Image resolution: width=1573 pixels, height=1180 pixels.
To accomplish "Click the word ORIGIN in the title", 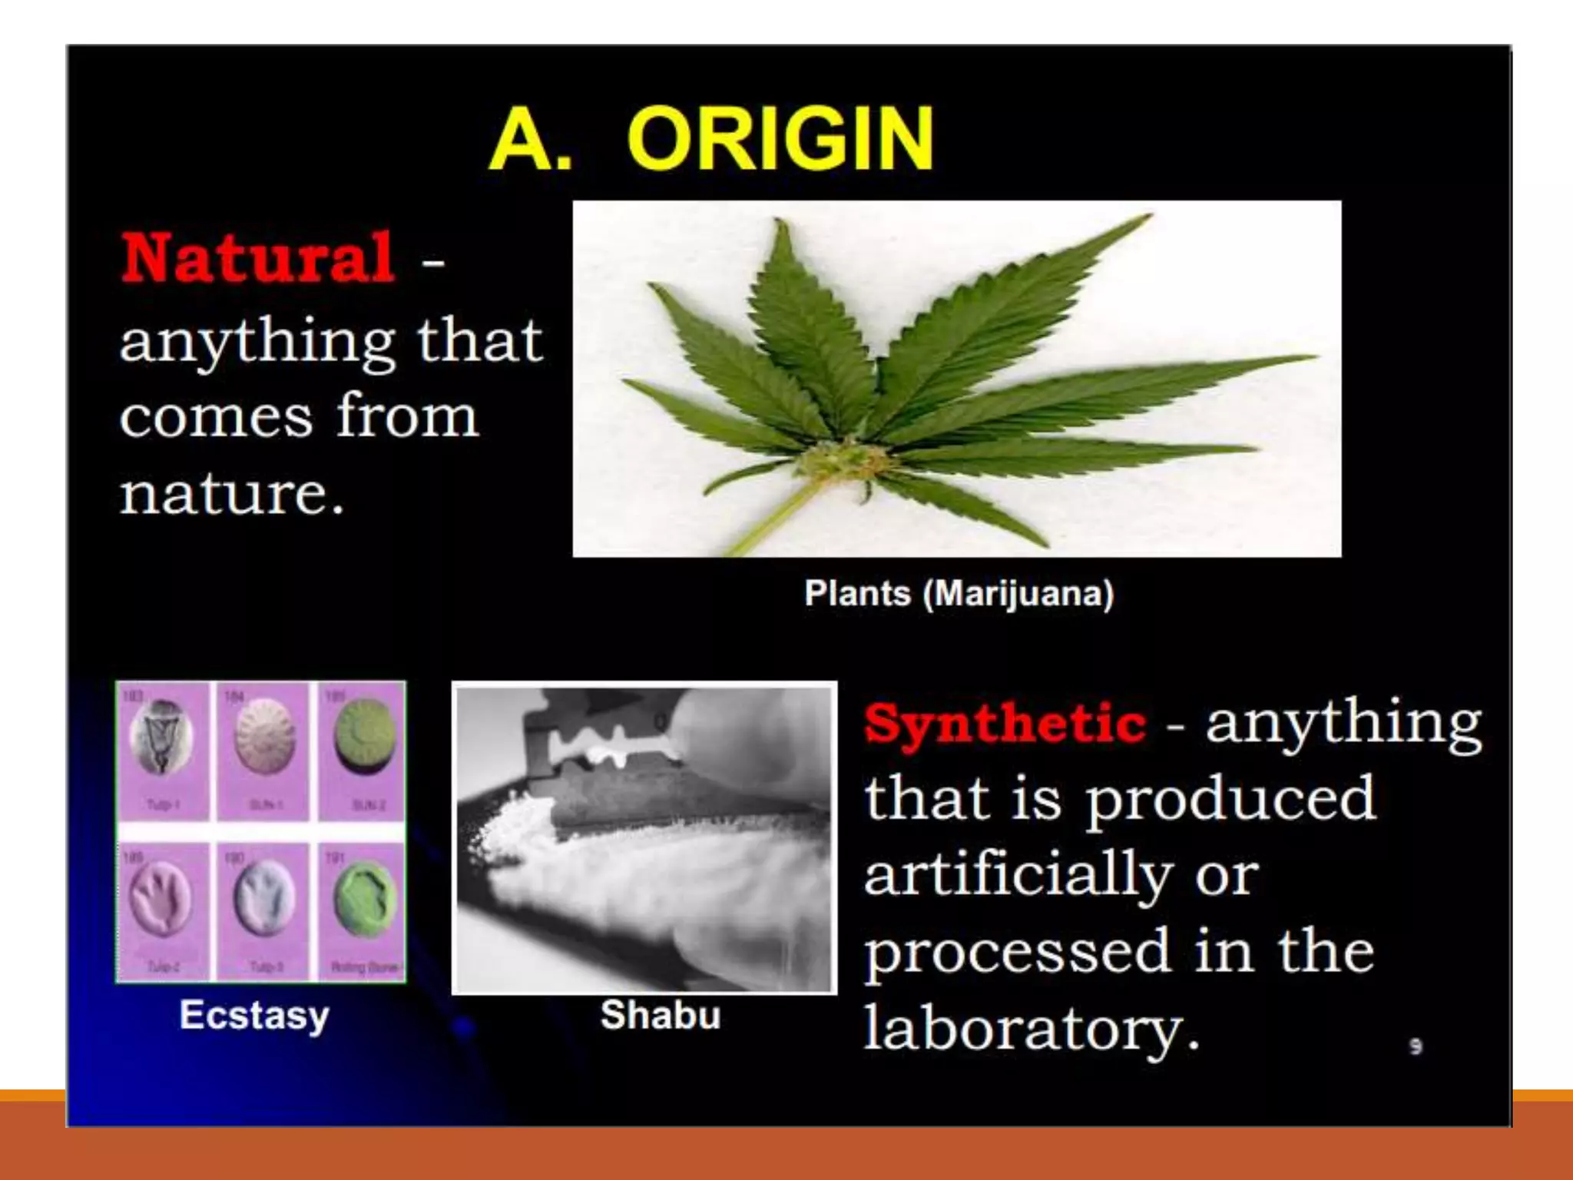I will [780, 139].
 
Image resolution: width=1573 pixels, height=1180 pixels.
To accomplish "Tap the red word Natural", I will [258, 258].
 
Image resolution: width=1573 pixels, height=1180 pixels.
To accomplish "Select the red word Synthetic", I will [1005, 723].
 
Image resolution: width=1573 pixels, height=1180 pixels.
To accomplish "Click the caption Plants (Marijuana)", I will [959, 594].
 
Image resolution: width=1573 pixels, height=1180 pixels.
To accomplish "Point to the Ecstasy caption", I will [254, 1015].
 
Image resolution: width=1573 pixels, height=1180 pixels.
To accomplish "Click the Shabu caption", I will [661, 1015].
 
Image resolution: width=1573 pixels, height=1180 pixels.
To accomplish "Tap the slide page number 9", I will [1416, 1046].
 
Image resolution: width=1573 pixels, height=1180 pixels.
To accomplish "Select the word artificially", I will [1018, 875].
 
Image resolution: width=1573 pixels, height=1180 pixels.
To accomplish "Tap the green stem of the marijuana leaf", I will [768, 522].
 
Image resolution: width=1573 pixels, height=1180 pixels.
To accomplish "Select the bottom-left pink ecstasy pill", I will [160, 899].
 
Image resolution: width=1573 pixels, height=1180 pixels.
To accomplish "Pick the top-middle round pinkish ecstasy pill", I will [263, 735].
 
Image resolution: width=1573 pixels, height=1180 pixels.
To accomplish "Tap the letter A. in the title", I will [530, 139].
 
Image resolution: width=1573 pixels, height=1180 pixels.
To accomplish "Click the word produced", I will [1229, 799].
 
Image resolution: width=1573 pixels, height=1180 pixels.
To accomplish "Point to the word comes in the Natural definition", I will [217, 416].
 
